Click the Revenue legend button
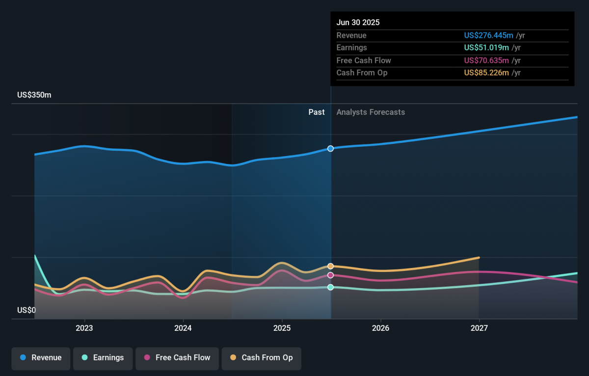point(41,358)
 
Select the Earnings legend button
point(103,358)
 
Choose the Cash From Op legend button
point(261,358)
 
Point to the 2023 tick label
point(84,328)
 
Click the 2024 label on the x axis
point(183,328)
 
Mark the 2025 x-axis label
point(282,328)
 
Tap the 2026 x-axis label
point(380,328)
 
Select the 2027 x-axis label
point(479,328)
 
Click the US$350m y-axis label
point(34,95)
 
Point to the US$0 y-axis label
point(27,310)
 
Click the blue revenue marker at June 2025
point(330,148)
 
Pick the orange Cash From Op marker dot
point(330,266)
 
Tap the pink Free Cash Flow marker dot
point(330,275)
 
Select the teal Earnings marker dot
point(330,287)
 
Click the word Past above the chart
point(316,112)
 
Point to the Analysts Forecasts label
point(371,112)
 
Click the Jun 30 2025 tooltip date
point(358,23)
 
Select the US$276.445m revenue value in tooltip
point(488,35)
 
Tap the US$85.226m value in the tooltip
point(486,73)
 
